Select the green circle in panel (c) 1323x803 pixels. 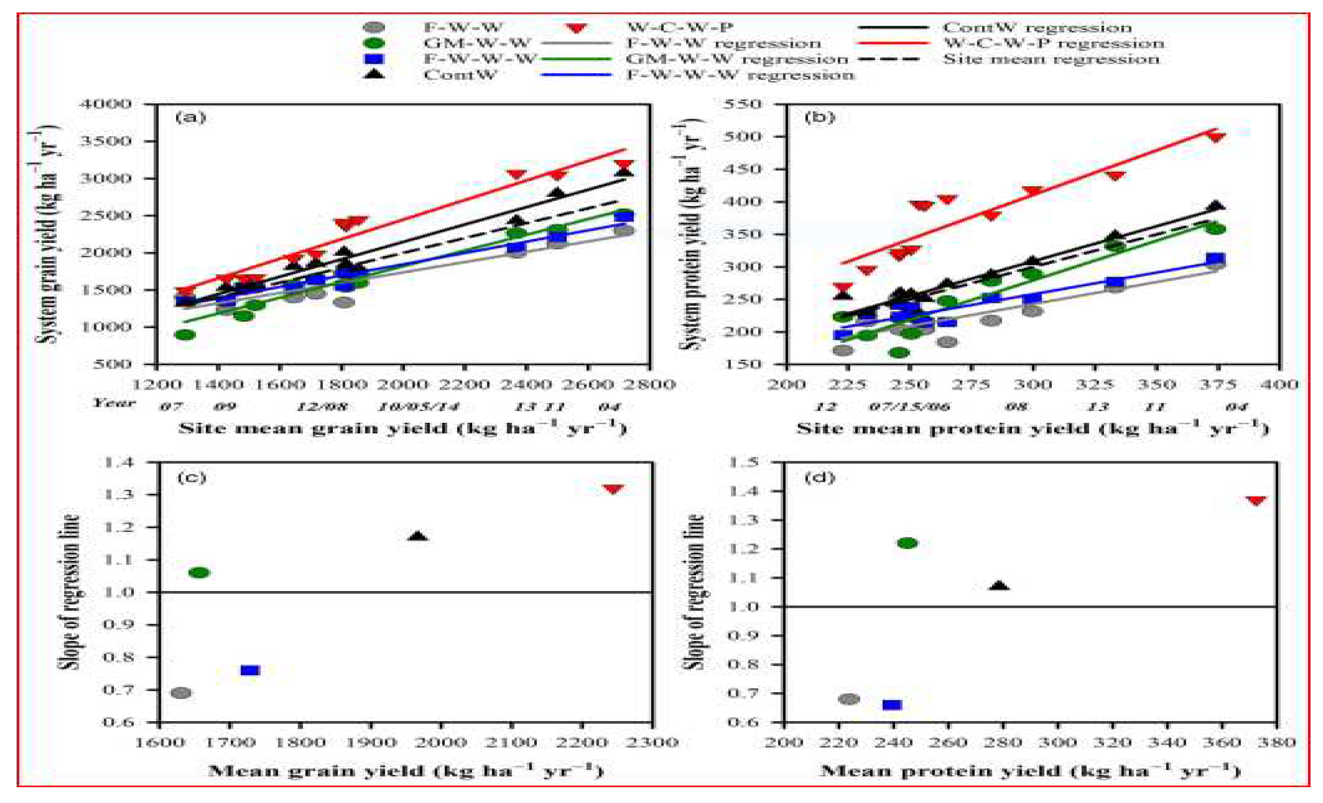(199, 573)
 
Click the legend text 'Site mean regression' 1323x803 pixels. (1051, 59)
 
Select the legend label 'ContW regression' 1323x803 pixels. (1037, 28)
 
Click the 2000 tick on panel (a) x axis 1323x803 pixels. (403, 384)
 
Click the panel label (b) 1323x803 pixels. (819, 117)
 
